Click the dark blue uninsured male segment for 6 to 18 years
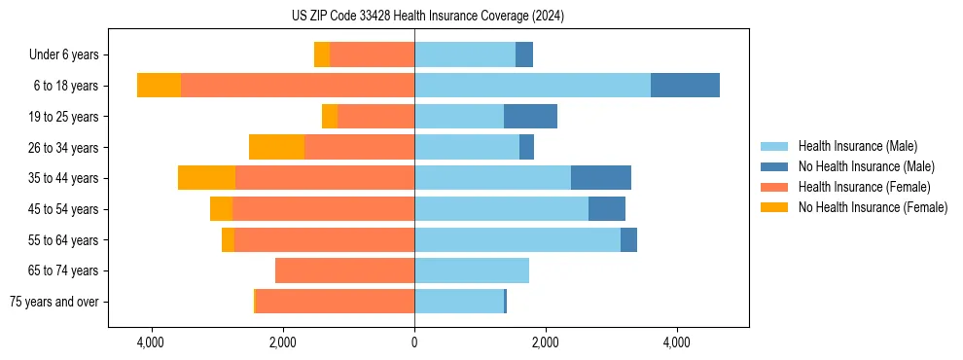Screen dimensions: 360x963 [x=685, y=86]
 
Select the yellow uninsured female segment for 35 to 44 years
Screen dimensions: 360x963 [x=206, y=178]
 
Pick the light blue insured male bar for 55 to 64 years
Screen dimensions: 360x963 [x=517, y=239]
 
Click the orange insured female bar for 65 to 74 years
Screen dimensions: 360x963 [x=344, y=270]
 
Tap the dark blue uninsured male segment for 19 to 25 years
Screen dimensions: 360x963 [x=530, y=117]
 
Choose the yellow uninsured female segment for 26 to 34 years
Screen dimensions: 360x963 [x=276, y=147]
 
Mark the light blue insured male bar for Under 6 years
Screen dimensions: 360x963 [x=464, y=54]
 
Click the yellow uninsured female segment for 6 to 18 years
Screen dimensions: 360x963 [x=159, y=86]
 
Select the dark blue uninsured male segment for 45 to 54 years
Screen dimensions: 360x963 [x=606, y=209]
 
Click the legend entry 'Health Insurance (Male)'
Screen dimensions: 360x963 [x=857, y=146]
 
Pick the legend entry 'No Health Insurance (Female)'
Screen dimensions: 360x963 [x=872, y=207]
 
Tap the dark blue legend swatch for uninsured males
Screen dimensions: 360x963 [x=774, y=166]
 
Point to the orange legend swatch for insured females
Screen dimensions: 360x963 [x=774, y=187]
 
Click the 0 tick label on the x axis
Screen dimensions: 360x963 [x=414, y=342]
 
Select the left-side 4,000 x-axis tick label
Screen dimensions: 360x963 [x=151, y=342]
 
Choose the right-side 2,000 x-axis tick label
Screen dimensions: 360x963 [x=545, y=342]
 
